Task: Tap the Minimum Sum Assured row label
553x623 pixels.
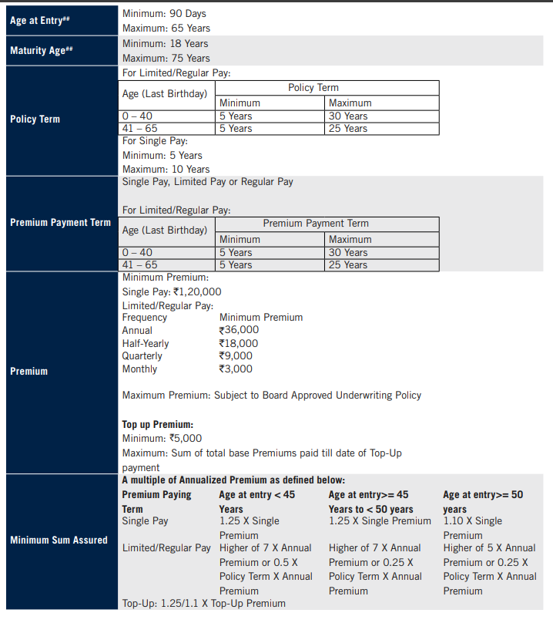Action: point(59,540)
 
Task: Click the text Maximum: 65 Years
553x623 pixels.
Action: point(166,29)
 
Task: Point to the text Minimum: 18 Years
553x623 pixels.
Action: point(165,44)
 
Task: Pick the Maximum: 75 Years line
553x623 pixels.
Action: point(166,58)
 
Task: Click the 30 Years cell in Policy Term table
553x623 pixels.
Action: point(348,116)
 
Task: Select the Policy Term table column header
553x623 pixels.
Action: point(313,88)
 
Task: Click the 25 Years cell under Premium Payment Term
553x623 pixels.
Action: point(348,264)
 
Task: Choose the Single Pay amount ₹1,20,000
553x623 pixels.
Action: point(197,291)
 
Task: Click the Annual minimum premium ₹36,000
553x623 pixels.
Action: point(239,330)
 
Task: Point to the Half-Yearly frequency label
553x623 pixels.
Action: point(146,343)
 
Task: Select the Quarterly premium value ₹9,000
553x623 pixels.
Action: point(236,356)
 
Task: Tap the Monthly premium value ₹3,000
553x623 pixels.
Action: point(236,369)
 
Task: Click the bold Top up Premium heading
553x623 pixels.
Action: point(157,424)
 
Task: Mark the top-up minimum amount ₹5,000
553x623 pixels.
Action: point(186,438)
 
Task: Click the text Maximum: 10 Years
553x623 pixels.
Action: point(166,169)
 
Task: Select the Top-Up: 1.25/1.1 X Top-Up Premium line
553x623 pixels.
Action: point(203,603)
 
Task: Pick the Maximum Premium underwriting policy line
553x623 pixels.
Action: point(271,395)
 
